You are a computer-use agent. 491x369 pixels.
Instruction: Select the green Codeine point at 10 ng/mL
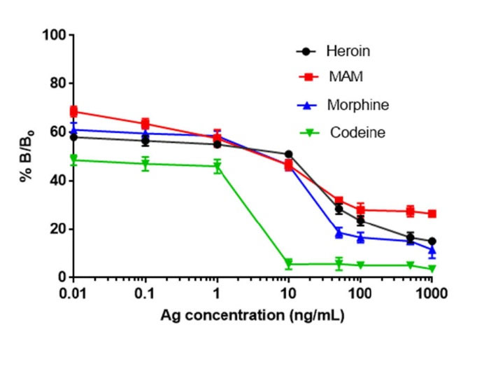point(288,264)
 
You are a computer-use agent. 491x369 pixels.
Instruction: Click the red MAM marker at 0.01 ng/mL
point(73,111)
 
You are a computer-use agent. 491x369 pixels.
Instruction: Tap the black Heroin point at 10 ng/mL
point(288,154)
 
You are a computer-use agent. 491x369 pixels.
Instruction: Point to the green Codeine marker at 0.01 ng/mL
point(73,159)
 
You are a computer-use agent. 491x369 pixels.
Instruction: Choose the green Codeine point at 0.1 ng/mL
point(145,164)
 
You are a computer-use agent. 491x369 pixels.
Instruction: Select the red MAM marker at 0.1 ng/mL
point(145,123)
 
